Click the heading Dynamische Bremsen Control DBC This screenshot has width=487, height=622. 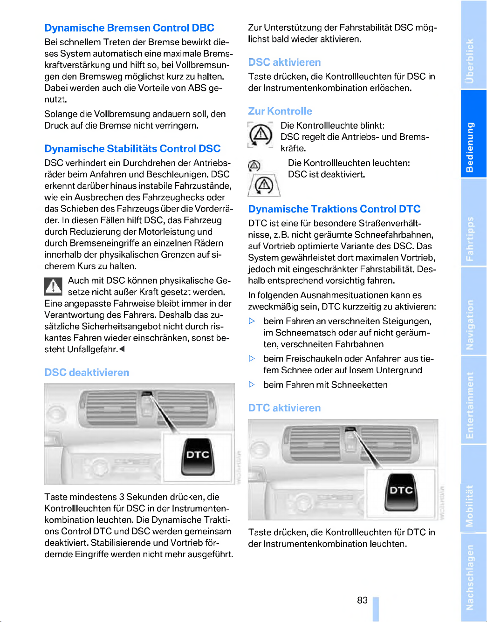tap(129, 28)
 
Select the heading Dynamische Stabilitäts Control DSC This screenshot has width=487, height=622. tap(132, 149)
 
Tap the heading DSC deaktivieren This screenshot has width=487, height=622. tap(87, 373)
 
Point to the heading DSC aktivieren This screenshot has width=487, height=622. tap(284, 62)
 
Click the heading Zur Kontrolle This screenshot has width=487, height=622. tap(280, 111)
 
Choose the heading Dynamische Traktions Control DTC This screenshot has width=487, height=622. tap(334, 209)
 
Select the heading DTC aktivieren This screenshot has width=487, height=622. tap(284, 408)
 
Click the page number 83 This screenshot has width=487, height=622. tap(362, 601)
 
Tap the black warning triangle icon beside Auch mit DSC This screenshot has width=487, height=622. tap(54, 286)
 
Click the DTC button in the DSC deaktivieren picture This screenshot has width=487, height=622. tap(198, 456)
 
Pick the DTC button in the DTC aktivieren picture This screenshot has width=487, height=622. tap(401, 492)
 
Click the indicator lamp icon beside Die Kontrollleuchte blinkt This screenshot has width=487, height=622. tap(261, 136)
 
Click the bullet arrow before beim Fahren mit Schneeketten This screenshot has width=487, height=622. tap(252, 385)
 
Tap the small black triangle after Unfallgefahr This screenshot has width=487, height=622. tap(122, 349)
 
